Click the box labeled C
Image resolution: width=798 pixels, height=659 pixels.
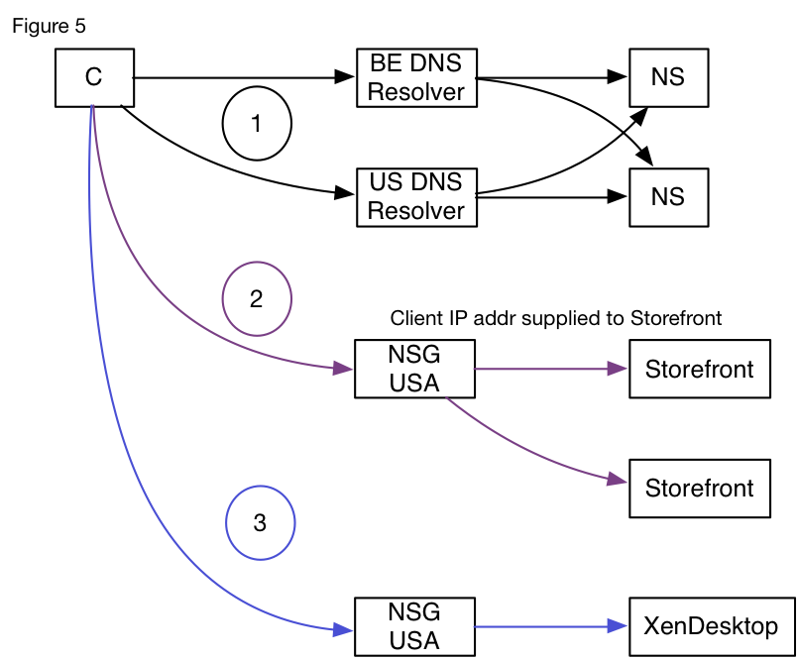click(93, 77)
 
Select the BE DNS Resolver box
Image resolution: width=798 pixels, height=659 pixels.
click(416, 77)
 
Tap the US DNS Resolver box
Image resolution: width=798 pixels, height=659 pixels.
click(416, 196)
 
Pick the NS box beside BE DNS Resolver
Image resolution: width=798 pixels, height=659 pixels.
click(668, 77)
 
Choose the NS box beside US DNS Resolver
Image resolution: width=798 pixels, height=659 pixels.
click(668, 196)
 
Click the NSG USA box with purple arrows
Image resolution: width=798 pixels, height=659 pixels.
click(415, 370)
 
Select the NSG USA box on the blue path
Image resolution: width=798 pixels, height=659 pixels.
click(415, 626)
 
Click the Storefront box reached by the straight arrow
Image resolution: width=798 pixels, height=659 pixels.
click(700, 370)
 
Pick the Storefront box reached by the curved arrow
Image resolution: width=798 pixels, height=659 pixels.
click(700, 488)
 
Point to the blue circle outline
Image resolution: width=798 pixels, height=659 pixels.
click(261, 486)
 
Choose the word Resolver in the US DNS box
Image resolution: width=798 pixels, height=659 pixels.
click(416, 210)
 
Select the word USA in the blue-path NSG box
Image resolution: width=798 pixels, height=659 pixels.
click(415, 640)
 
